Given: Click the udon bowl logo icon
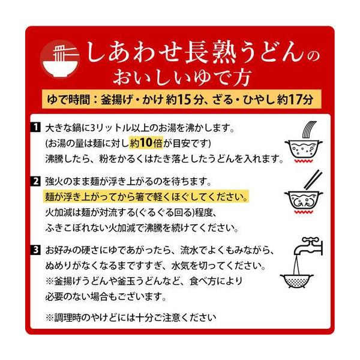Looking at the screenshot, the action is [x=60, y=59].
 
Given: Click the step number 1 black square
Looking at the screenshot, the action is [x=35, y=127].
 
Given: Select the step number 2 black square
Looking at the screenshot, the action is [x=35, y=181].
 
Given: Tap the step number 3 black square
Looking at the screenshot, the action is [x=35, y=250].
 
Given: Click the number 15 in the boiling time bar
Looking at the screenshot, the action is [x=185, y=100].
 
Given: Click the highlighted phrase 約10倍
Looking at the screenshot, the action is [x=146, y=143].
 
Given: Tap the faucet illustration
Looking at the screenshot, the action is [x=308, y=247].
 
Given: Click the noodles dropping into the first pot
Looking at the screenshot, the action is [x=309, y=130].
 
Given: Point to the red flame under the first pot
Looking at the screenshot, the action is [x=304, y=161].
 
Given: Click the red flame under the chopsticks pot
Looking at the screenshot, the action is [x=304, y=212].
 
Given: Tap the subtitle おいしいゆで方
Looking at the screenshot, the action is [x=181, y=77].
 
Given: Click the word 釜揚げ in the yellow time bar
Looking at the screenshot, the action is [x=117, y=100].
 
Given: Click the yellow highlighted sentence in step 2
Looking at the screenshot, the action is [x=146, y=197].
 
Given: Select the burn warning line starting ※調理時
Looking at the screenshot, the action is [x=131, y=318].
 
